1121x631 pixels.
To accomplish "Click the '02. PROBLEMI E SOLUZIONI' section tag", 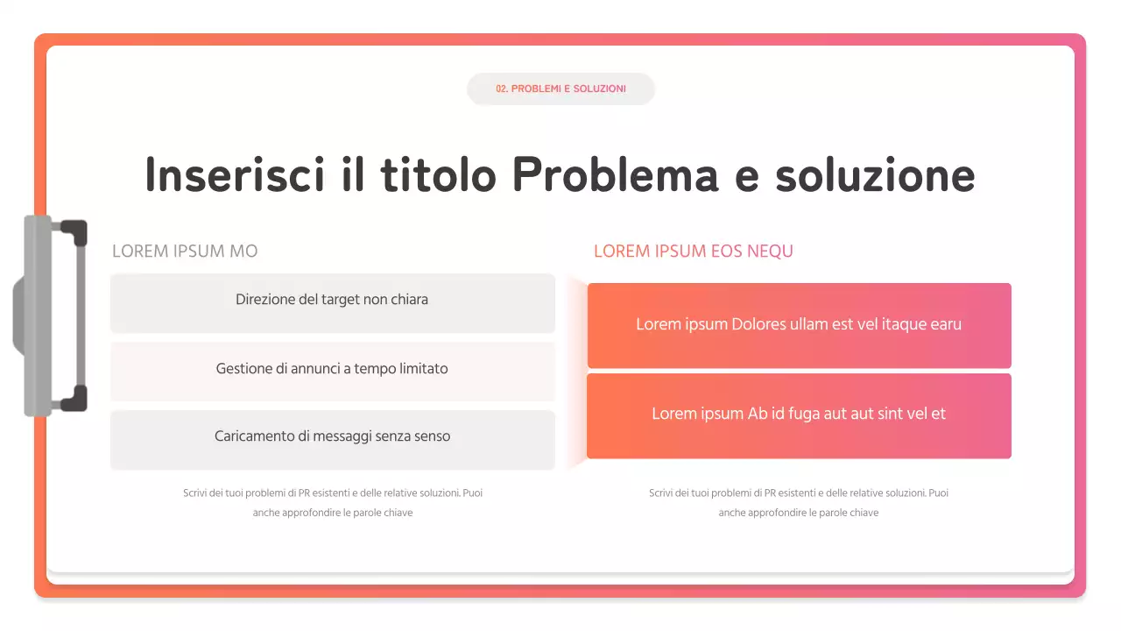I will click(560, 89).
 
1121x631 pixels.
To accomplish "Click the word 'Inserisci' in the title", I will click(229, 174).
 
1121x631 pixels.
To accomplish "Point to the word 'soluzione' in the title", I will click(875, 174).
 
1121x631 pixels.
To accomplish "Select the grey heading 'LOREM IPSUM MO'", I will click(185, 252).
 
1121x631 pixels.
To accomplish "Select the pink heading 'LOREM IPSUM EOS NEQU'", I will click(693, 252).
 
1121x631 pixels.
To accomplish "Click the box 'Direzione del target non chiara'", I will click(332, 302).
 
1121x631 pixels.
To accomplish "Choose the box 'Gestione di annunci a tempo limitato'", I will click(332, 371).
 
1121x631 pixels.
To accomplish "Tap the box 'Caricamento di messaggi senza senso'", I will click(332, 439).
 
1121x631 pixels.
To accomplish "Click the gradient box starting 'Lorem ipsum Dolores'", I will click(799, 325).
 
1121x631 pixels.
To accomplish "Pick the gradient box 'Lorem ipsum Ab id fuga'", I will click(799, 415).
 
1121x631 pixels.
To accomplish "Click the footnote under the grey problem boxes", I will click(333, 502).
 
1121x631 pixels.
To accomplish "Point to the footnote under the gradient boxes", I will click(799, 502).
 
